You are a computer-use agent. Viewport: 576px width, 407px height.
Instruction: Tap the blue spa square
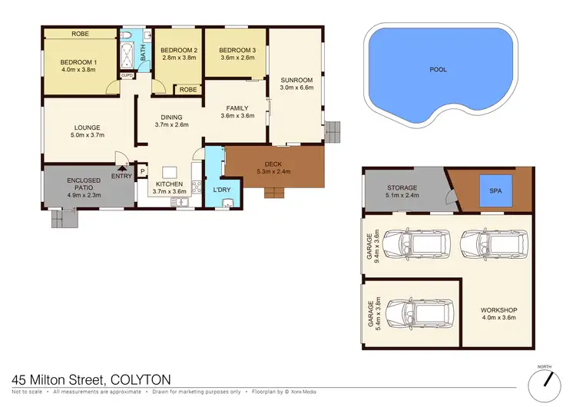point(492,193)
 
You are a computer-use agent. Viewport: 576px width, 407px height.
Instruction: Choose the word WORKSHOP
point(498,310)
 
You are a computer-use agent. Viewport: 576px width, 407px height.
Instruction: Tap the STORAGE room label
point(402,187)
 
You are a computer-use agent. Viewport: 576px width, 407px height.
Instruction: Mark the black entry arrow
point(121,168)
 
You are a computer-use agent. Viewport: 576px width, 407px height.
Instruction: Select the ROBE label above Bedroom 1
point(79,34)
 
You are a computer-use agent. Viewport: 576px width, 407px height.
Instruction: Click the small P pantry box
point(142,171)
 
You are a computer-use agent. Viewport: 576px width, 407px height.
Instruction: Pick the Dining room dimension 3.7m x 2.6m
point(171,124)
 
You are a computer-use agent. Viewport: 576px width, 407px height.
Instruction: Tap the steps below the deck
point(275,192)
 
